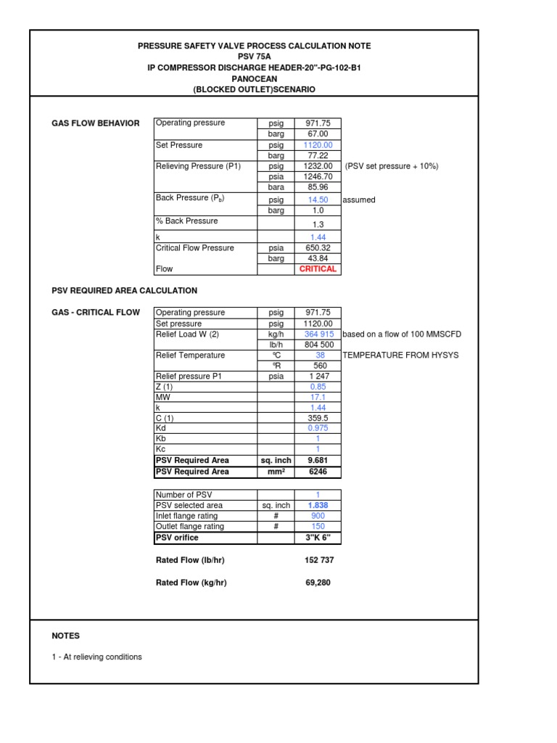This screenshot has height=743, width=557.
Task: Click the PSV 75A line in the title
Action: pyautogui.click(x=254, y=57)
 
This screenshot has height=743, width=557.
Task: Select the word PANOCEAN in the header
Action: pyautogui.click(x=254, y=78)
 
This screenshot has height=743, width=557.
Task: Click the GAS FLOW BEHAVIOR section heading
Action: pyautogui.click(x=96, y=123)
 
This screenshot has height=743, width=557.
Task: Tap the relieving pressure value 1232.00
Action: pyautogui.click(x=318, y=166)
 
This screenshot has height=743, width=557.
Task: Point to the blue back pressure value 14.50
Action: pyautogui.click(x=318, y=200)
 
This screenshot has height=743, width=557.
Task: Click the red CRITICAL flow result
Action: pyautogui.click(x=318, y=269)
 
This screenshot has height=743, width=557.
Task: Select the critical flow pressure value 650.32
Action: pyautogui.click(x=318, y=248)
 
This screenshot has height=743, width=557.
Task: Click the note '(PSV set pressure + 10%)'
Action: pyautogui.click(x=392, y=166)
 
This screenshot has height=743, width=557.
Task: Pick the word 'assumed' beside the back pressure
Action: pyautogui.click(x=359, y=200)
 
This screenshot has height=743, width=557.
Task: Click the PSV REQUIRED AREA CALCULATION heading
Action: pyautogui.click(x=124, y=291)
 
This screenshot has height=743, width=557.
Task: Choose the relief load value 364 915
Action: pyautogui.click(x=318, y=334)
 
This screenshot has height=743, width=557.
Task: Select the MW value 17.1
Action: pyautogui.click(x=318, y=398)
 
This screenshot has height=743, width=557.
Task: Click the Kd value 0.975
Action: pyautogui.click(x=318, y=429)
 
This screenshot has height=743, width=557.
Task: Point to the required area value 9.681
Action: pyautogui.click(x=318, y=461)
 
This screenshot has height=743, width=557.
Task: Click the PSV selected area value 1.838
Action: pyautogui.click(x=318, y=506)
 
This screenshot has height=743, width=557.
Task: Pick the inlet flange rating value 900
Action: pyautogui.click(x=318, y=517)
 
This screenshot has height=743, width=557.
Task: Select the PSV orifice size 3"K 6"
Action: pyautogui.click(x=318, y=538)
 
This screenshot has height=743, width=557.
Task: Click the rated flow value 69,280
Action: pyautogui.click(x=318, y=583)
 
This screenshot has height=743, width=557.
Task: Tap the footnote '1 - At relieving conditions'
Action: pyautogui.click(x=96, y=657)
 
